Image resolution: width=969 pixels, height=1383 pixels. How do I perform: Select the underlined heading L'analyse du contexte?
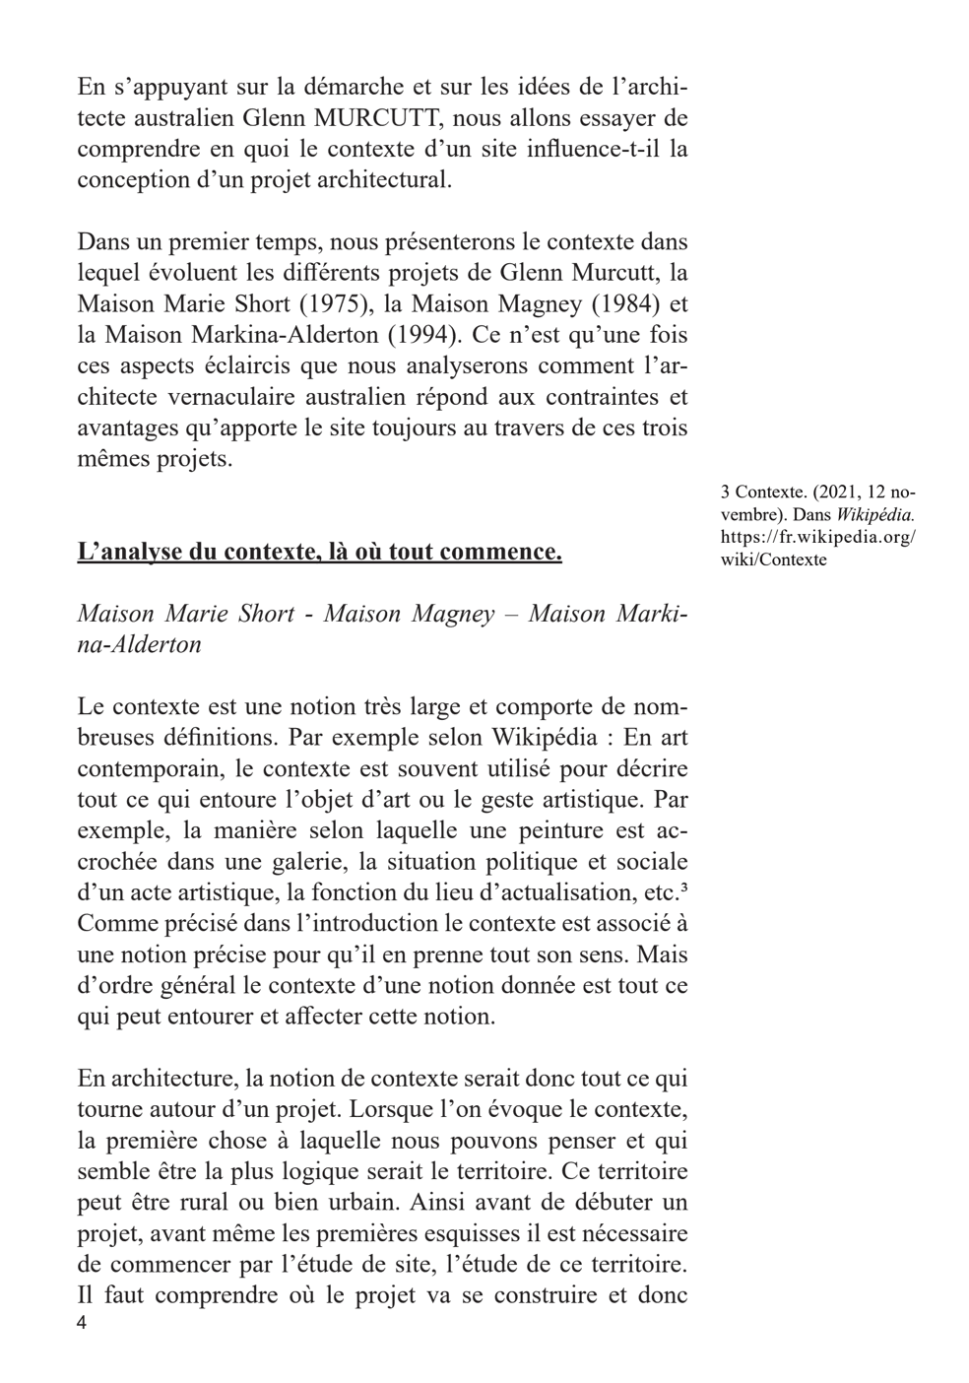[x=319, y=552]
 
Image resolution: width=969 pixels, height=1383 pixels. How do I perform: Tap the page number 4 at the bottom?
[x=82, y=1323]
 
